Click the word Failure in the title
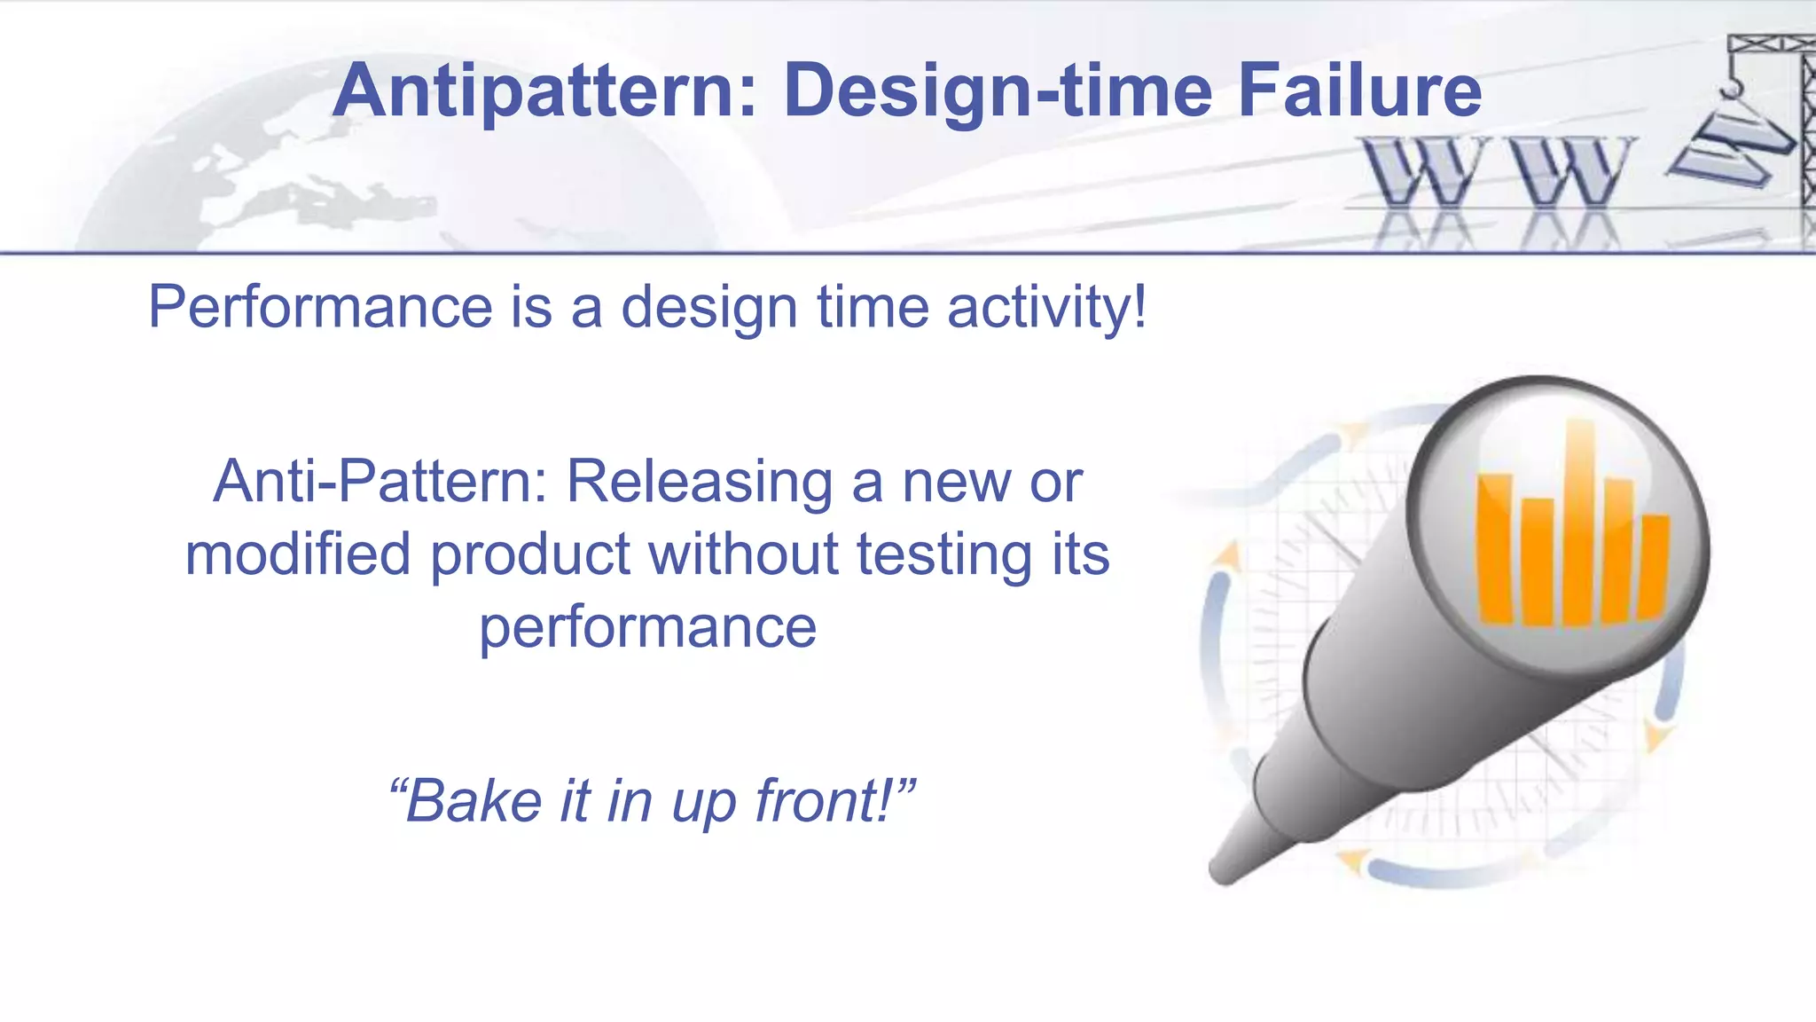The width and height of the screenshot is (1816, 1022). pyautogui.click(x=1359, y=90)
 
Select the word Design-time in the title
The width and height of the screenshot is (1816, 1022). pyautogui.click(x=998, y=90)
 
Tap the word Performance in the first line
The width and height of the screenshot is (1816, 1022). pyautogui.click(x=319, y=307)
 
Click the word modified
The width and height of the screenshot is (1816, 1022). pyautogui.click(x=298, y=554)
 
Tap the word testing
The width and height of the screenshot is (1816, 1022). pyautogui.click(x=943, y=554)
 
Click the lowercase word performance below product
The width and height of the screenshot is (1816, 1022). pyautogui.click(x=647, y=627)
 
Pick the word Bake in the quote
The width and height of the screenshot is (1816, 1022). pyautogui.click(x=473, y=801)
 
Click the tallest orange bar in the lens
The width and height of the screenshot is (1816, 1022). pyautogui.click(x=1579, y=523)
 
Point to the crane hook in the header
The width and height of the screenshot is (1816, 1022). pyautogui.click(x=1730, y=89)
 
